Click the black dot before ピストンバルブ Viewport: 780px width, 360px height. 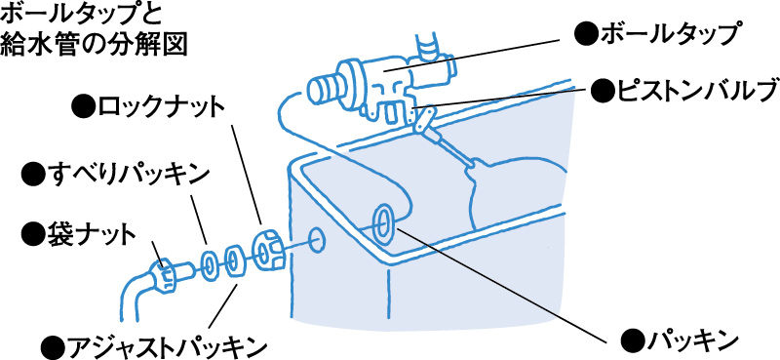[x=603, y=93]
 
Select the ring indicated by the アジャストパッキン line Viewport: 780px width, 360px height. [x=235, y=260]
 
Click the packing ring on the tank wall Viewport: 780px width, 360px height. [x=384, y=221]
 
